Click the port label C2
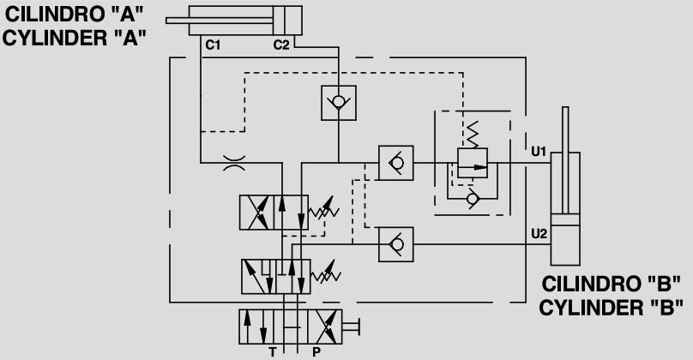281,45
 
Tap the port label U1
539,152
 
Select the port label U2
539,232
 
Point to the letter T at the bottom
273,352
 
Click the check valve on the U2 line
395,244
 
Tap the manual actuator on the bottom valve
351,326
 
